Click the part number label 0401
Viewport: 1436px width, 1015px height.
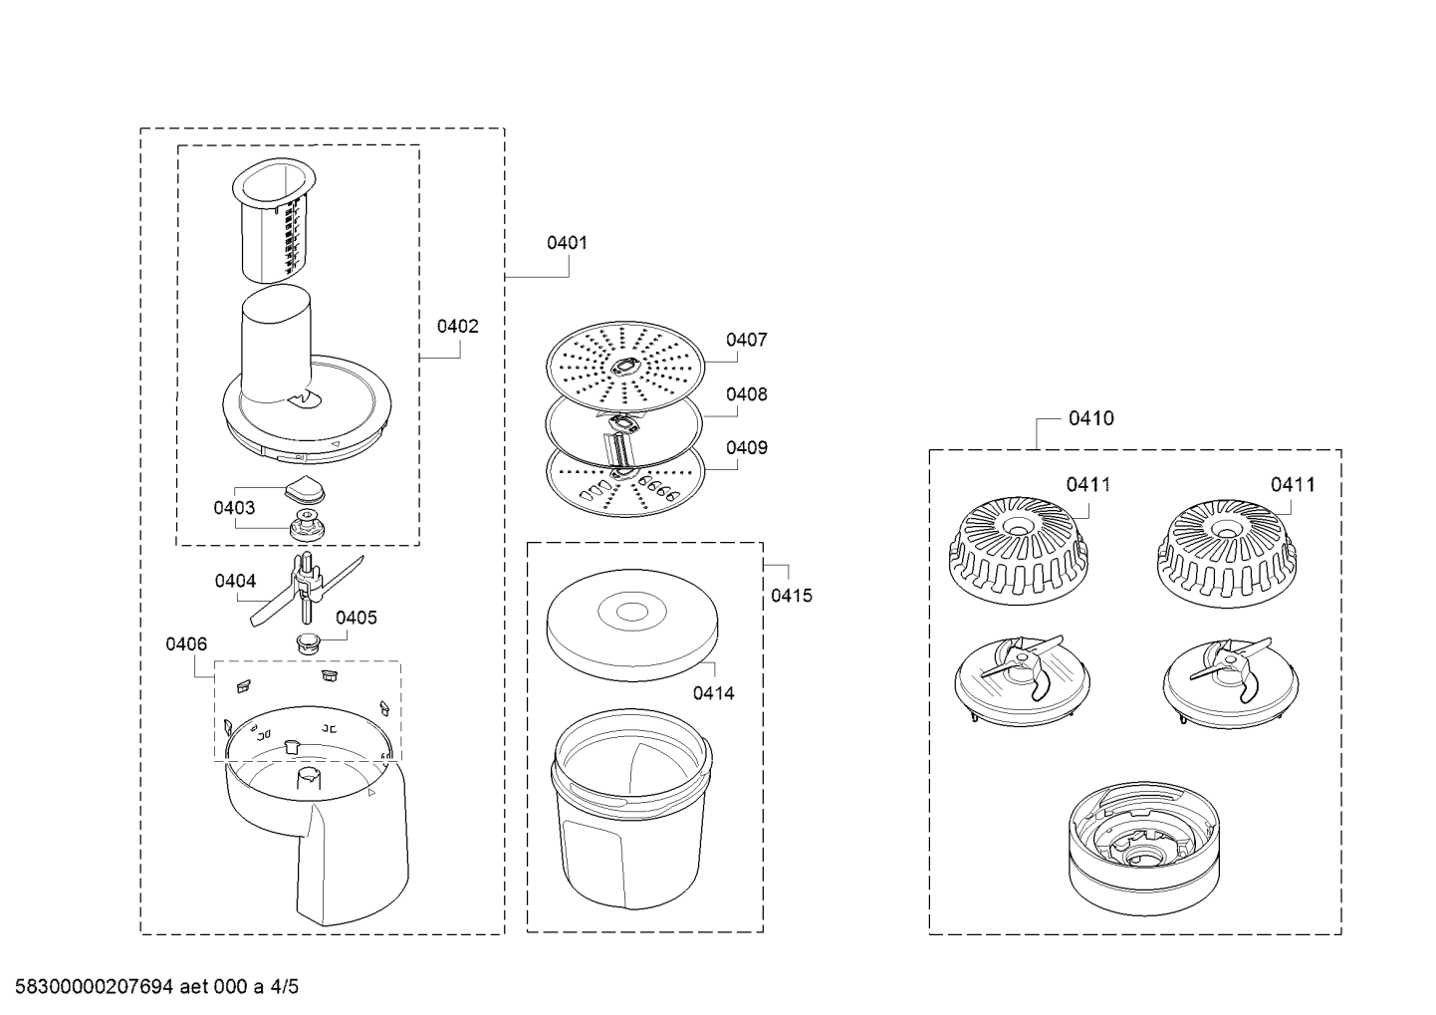[x=567, y=243]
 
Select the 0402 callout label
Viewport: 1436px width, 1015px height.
[x=458, y=327]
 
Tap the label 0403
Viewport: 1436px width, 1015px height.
[x=234, y=508]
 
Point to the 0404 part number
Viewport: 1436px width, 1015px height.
[x=235, y=581]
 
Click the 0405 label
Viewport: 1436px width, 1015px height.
[x=357, y=618]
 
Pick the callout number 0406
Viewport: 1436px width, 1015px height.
[x=186, y=643]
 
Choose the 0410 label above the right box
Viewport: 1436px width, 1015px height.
[x=1091, y=418]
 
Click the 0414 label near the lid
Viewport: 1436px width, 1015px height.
[x=713, y=693]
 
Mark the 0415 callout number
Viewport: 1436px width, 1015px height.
[x=791, y=596]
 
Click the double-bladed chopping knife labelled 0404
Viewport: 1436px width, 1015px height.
[x=306, y=590]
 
